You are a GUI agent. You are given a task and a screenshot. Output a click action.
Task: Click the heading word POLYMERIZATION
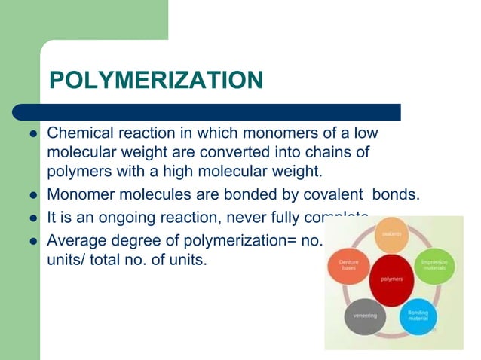coord(155,81)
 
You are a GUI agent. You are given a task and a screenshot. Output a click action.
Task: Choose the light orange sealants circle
coord(391,234)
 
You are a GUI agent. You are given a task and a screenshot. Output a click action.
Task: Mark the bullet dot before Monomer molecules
coord(33,194)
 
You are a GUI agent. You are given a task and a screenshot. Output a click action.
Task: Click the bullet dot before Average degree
coord(33,243)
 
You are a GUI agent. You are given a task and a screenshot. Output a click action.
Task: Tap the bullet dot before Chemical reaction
coord(33,134)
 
